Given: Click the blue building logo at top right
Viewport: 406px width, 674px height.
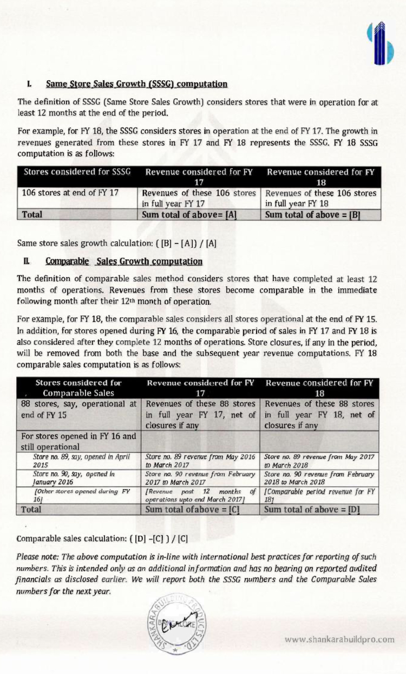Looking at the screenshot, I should (x=379, y=43).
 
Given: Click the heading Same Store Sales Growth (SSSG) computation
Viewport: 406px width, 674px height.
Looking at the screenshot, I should (x=136, y=84).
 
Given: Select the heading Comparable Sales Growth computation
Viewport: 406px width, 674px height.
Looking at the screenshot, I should (x=124, y=261).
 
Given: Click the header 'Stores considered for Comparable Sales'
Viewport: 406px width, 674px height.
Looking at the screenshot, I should (x=78, y=388).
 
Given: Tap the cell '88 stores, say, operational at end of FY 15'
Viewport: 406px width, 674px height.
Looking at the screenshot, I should (x=78, y=409).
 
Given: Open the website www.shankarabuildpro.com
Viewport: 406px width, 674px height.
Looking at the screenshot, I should (x=339, y=639).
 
